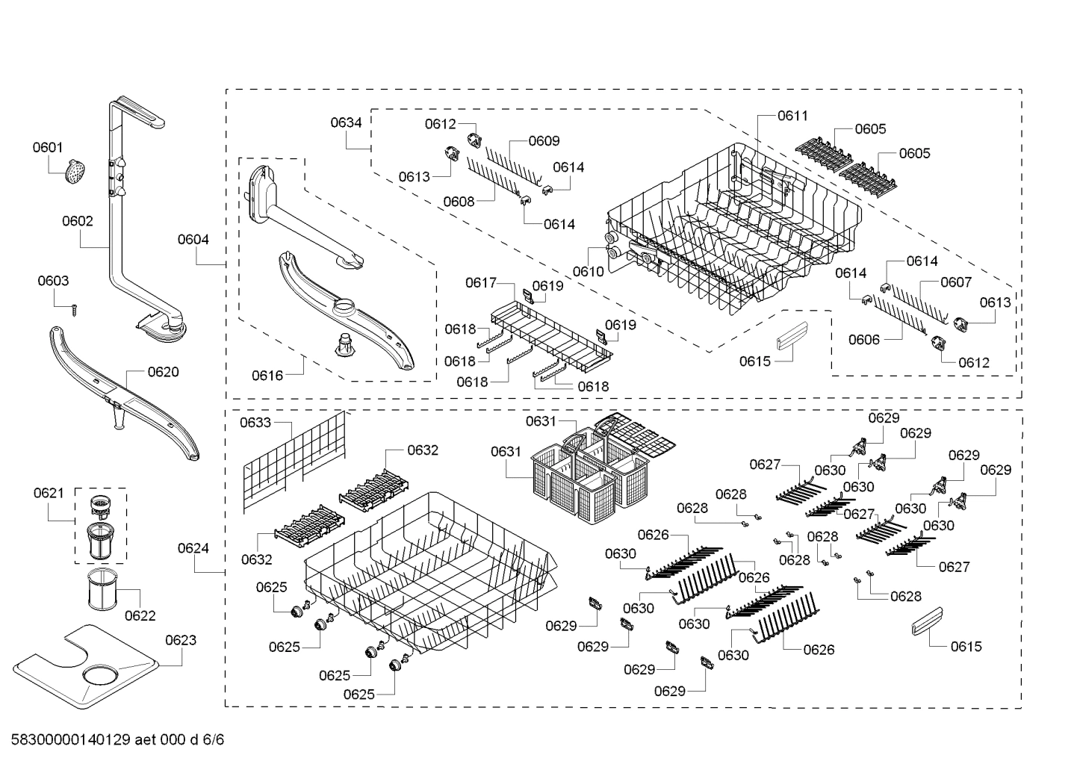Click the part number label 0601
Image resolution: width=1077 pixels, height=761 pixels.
[x=48, y=148]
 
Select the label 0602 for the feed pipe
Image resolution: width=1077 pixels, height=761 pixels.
[x=78, y=221]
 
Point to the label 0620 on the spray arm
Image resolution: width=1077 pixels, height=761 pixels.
[x=163, y=372]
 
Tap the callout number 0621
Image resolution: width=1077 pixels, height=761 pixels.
[x=49, y=493]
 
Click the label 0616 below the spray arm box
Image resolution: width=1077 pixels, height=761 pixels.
[x=267, y=375]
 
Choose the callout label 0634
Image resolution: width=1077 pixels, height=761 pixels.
[x=347, y=122]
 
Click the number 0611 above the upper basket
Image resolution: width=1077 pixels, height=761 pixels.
[x=792, y=116]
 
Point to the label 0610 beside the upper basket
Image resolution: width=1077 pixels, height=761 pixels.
[x=589, y=272]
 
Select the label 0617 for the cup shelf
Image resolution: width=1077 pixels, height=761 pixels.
[x=481, y=282]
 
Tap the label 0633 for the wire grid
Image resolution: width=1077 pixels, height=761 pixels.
[x=255, y=423]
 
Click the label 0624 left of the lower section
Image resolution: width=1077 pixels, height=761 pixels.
[x=193, y=548]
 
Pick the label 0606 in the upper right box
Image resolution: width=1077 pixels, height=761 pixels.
[x=864, y=340]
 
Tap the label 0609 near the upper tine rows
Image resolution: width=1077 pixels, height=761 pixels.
[x=544, y=141]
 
